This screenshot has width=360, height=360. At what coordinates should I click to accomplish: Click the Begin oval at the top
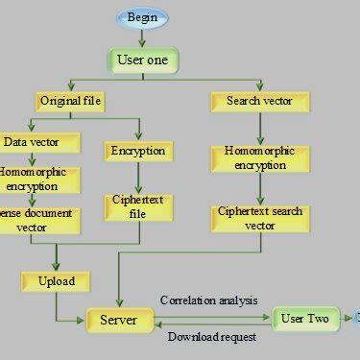[143, 17]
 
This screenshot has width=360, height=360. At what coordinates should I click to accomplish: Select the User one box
[143, 60]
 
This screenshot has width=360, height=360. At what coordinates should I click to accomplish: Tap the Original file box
[71, 100]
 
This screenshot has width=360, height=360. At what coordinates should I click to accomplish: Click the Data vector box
[31, 142]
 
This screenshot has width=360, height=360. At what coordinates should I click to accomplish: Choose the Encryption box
[138, 151]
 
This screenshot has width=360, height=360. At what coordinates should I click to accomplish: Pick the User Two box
[306, 319]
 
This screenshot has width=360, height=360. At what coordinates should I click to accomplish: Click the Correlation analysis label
[209, 300]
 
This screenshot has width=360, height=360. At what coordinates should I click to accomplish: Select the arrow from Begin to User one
[143, 36]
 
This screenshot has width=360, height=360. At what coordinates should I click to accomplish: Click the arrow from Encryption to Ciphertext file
[138, 177]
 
